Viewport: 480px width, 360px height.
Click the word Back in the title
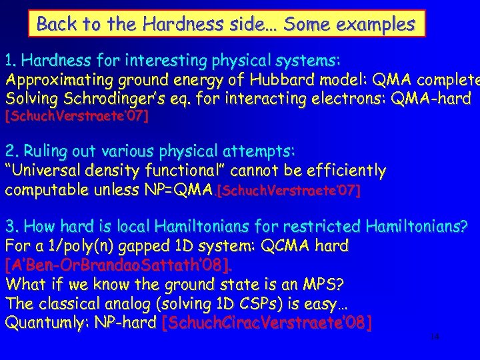(55, 25)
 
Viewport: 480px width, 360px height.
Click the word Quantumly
(47, 323)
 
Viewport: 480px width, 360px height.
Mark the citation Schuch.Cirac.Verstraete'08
(267, 324)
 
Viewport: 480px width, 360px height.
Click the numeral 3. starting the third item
(11, 226)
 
